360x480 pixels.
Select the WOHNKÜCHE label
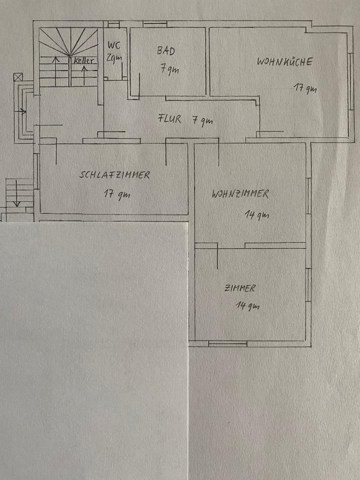[x=284, y=62]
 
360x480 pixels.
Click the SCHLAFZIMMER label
[x=114, y=175]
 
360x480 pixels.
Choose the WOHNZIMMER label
[x=240, y=194]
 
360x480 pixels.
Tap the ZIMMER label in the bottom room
[x=240, y=288]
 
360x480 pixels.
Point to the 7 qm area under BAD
[x=169, y=70]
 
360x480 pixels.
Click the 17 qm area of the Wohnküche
[x=305, y=89]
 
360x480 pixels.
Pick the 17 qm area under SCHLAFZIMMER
[x=116, y=193]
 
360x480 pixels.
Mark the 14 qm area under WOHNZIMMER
[x=256, y=215]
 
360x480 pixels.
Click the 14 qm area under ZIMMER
[x=247, y=306]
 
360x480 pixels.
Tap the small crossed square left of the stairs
[x=18, y=77]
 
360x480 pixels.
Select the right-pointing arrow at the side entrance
[x=22, y=111]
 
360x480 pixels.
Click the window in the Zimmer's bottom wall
[x=227, y=344]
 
